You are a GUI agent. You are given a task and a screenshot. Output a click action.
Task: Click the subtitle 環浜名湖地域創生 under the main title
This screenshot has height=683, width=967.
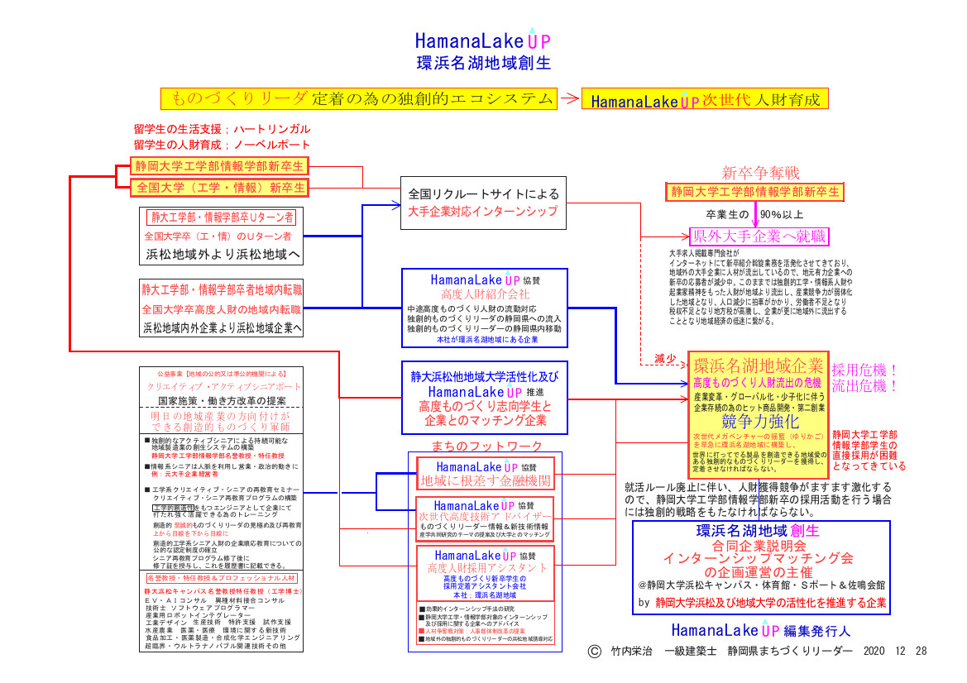tap(484, 63)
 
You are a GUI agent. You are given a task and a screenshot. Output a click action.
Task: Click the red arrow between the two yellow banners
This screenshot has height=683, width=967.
tap(569, 98)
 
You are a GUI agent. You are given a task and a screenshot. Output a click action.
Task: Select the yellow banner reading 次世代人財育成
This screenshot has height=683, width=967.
tap(705, 100)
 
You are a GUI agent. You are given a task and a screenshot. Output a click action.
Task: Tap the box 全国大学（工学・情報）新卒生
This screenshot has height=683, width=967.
tap(218, 188)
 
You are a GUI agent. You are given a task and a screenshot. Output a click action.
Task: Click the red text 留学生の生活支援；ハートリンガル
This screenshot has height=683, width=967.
tap(222, 130)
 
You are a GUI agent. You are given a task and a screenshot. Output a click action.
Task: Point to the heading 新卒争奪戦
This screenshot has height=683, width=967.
tap(760, 173)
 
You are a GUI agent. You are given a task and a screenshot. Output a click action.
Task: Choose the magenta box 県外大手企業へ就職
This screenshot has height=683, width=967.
tap(759, 236)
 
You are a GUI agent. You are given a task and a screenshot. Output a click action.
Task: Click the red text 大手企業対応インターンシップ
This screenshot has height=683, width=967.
tap(483, 213)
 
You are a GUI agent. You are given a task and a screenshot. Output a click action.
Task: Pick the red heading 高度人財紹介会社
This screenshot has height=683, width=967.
tap(485, 294)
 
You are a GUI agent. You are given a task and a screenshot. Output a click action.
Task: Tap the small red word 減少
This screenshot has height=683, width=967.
tap(666, 359)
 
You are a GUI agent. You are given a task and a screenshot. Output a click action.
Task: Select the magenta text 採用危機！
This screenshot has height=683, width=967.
tap(865, 370)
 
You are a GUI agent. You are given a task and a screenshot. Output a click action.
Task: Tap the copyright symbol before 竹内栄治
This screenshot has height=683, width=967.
tap(593, 651)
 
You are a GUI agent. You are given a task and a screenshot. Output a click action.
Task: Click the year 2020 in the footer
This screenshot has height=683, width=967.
tap(875, 652)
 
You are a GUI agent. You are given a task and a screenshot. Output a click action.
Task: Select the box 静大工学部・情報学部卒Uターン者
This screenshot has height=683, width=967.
tap(221, 218)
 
